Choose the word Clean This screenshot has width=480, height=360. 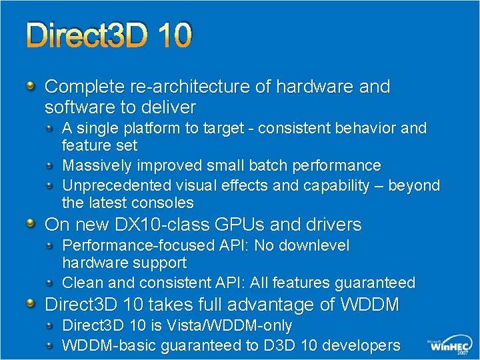click(81, 283)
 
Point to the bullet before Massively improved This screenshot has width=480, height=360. click(51, 165)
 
